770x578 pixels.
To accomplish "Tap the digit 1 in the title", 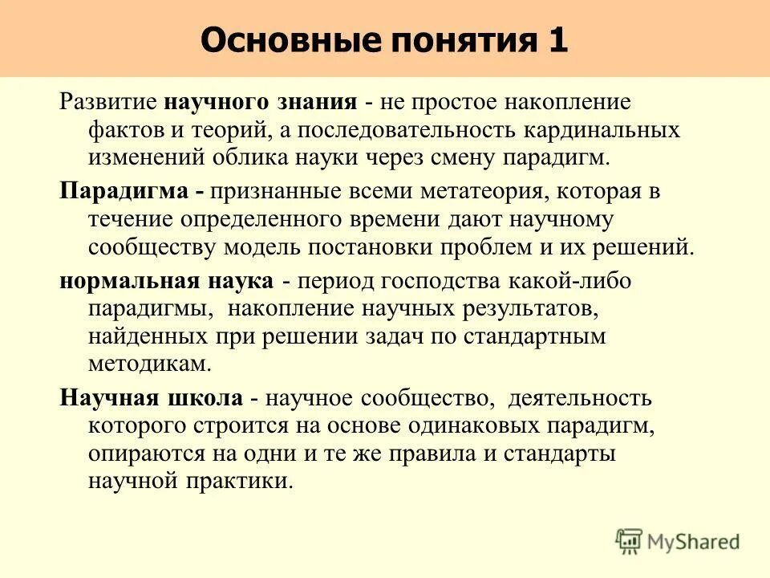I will coord(558,39).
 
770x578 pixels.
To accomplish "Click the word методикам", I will coord(150,362).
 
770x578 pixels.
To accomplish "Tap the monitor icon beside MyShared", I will coord(630,542).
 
